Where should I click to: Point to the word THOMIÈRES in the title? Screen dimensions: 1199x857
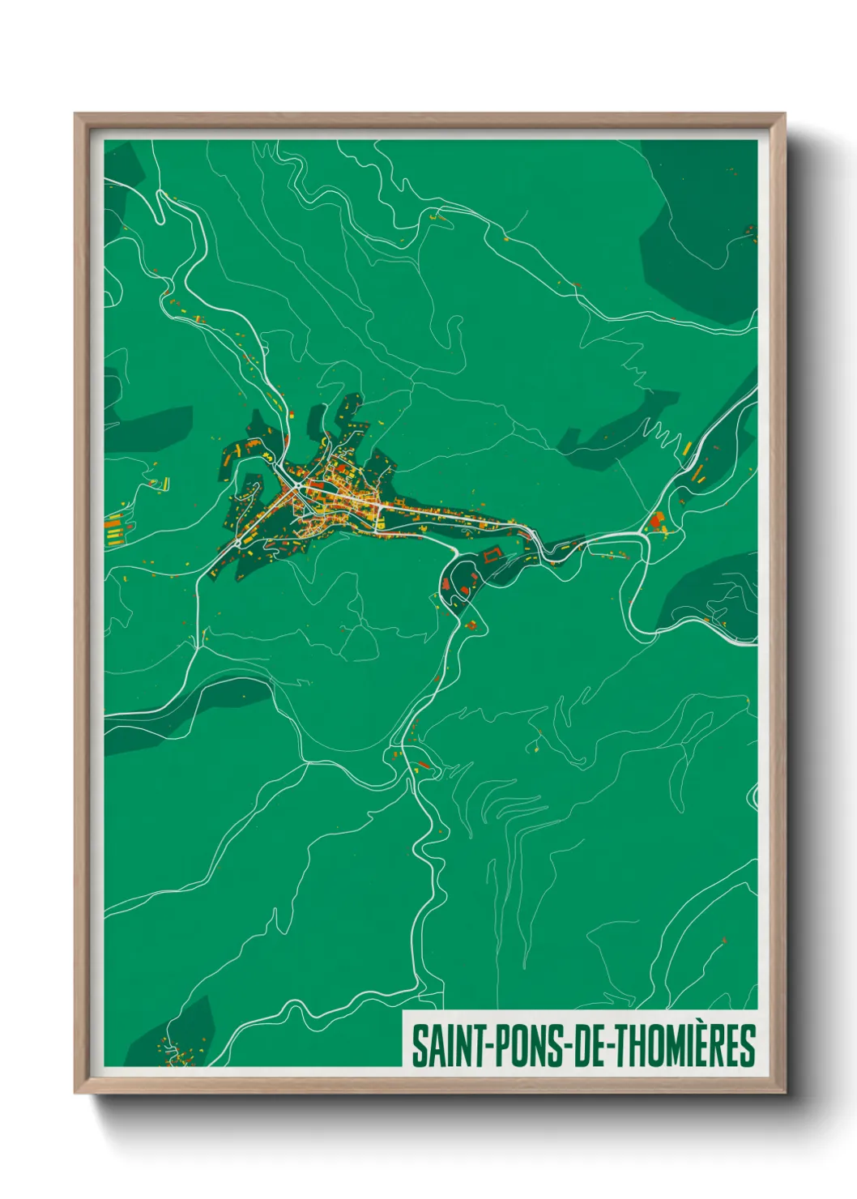(x=686, y=1046)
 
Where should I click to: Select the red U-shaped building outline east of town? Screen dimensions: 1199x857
(x=491, y=556)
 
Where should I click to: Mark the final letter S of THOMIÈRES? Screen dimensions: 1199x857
(x=748, y=1046)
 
